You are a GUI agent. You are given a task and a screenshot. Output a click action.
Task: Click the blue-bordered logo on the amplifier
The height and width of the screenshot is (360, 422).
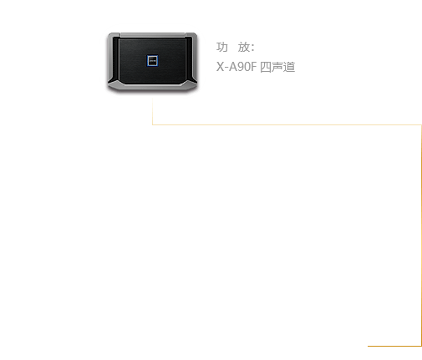coord(152,61)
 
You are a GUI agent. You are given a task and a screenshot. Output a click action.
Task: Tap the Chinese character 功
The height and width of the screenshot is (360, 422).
coord(222,47)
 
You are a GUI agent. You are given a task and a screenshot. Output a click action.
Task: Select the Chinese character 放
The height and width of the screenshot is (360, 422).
coord(244,47)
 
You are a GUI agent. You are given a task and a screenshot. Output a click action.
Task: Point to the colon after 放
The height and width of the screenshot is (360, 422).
coord(252,48)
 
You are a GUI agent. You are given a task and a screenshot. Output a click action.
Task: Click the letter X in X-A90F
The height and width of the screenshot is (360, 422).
coord(220,67)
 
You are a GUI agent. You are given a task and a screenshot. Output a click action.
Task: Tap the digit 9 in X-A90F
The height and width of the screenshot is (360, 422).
coord(241,67)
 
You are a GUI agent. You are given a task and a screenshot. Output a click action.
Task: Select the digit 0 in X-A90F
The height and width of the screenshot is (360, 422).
coord(247,67)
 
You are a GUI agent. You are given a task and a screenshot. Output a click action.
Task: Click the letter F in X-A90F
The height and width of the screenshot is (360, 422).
coord(254,67)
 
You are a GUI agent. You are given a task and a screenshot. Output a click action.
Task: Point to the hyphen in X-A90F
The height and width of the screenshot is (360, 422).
coord(226,68)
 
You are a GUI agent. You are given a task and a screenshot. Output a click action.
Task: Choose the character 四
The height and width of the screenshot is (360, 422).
coord(266,67)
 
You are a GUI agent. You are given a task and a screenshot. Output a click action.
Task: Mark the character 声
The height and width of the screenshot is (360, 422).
coord(277,67)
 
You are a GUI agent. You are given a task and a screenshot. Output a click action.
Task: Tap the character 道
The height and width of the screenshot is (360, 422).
coord(289,67)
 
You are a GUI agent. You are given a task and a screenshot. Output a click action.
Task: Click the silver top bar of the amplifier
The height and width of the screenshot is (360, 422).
coord(152,35)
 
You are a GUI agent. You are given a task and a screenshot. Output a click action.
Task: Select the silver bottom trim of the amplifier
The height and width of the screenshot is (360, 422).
coord(152,87)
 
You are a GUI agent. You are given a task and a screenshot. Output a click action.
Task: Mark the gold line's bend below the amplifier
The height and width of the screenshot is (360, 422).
coord(152,124)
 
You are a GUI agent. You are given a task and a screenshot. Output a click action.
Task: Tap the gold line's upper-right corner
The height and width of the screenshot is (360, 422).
coord(421,125)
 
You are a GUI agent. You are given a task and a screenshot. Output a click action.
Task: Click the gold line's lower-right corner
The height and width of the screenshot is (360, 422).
coord(421,346)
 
